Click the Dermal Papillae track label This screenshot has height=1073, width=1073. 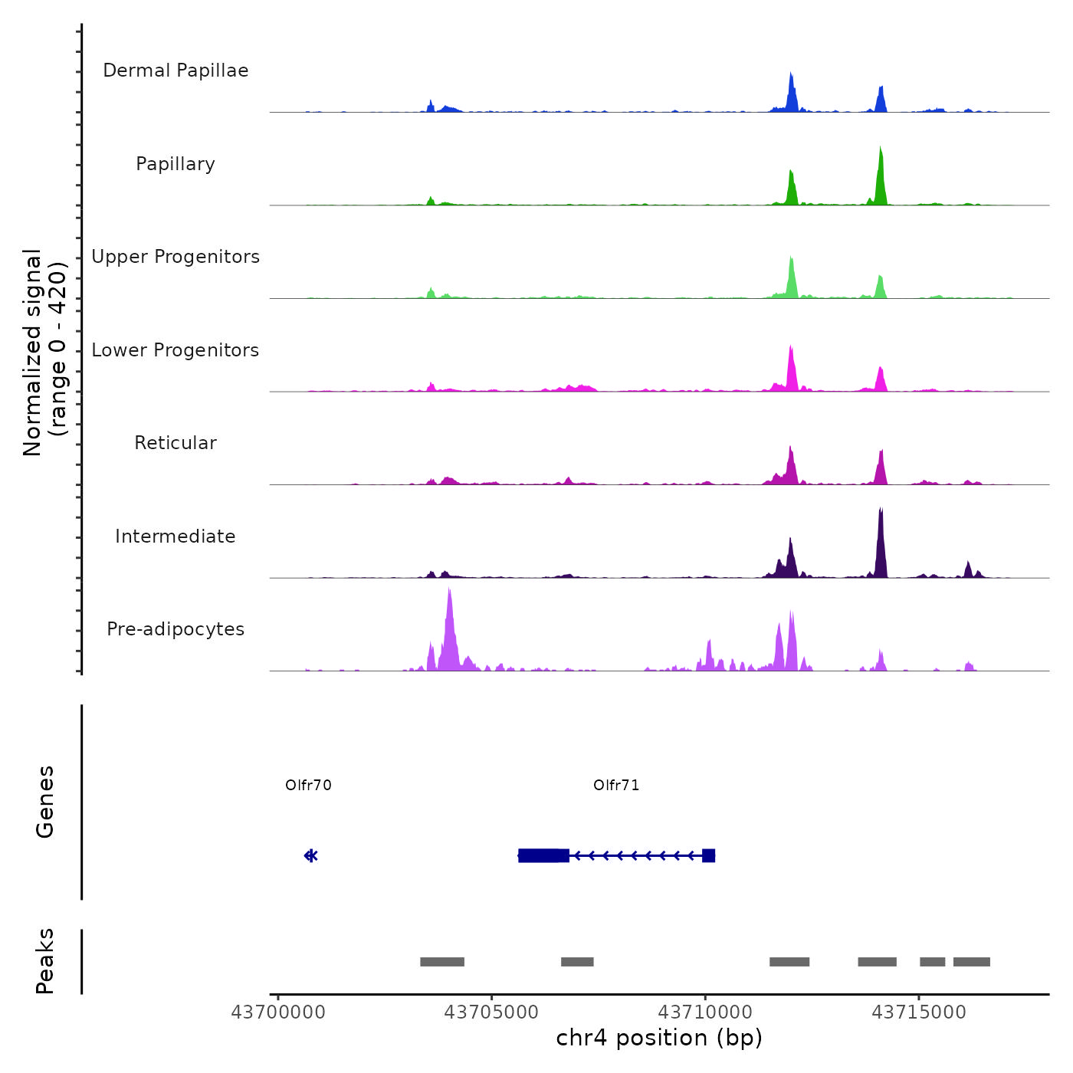[176, 71]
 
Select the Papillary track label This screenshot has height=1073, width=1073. [176, 164]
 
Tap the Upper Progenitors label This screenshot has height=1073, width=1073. [176, 257]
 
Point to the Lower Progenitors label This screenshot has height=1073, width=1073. [176, 350]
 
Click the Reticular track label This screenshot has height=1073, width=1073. [176, 443]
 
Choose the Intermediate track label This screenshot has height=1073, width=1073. [176, 536]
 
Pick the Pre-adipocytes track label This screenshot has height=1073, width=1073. [176, 629]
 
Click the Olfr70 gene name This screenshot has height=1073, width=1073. [308, 785]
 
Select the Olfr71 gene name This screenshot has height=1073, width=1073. [616, 785]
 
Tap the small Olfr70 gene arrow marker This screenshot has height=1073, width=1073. [310, 855]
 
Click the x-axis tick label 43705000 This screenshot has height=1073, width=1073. [491, 1012]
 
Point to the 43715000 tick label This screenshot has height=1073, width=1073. [919, 1012]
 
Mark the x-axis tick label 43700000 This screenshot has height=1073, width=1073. [278, 1012]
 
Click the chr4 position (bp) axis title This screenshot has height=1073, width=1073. [659, 1038]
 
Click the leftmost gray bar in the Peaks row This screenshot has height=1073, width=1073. [442, 962]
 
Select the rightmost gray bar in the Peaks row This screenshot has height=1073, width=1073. [971, 962]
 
